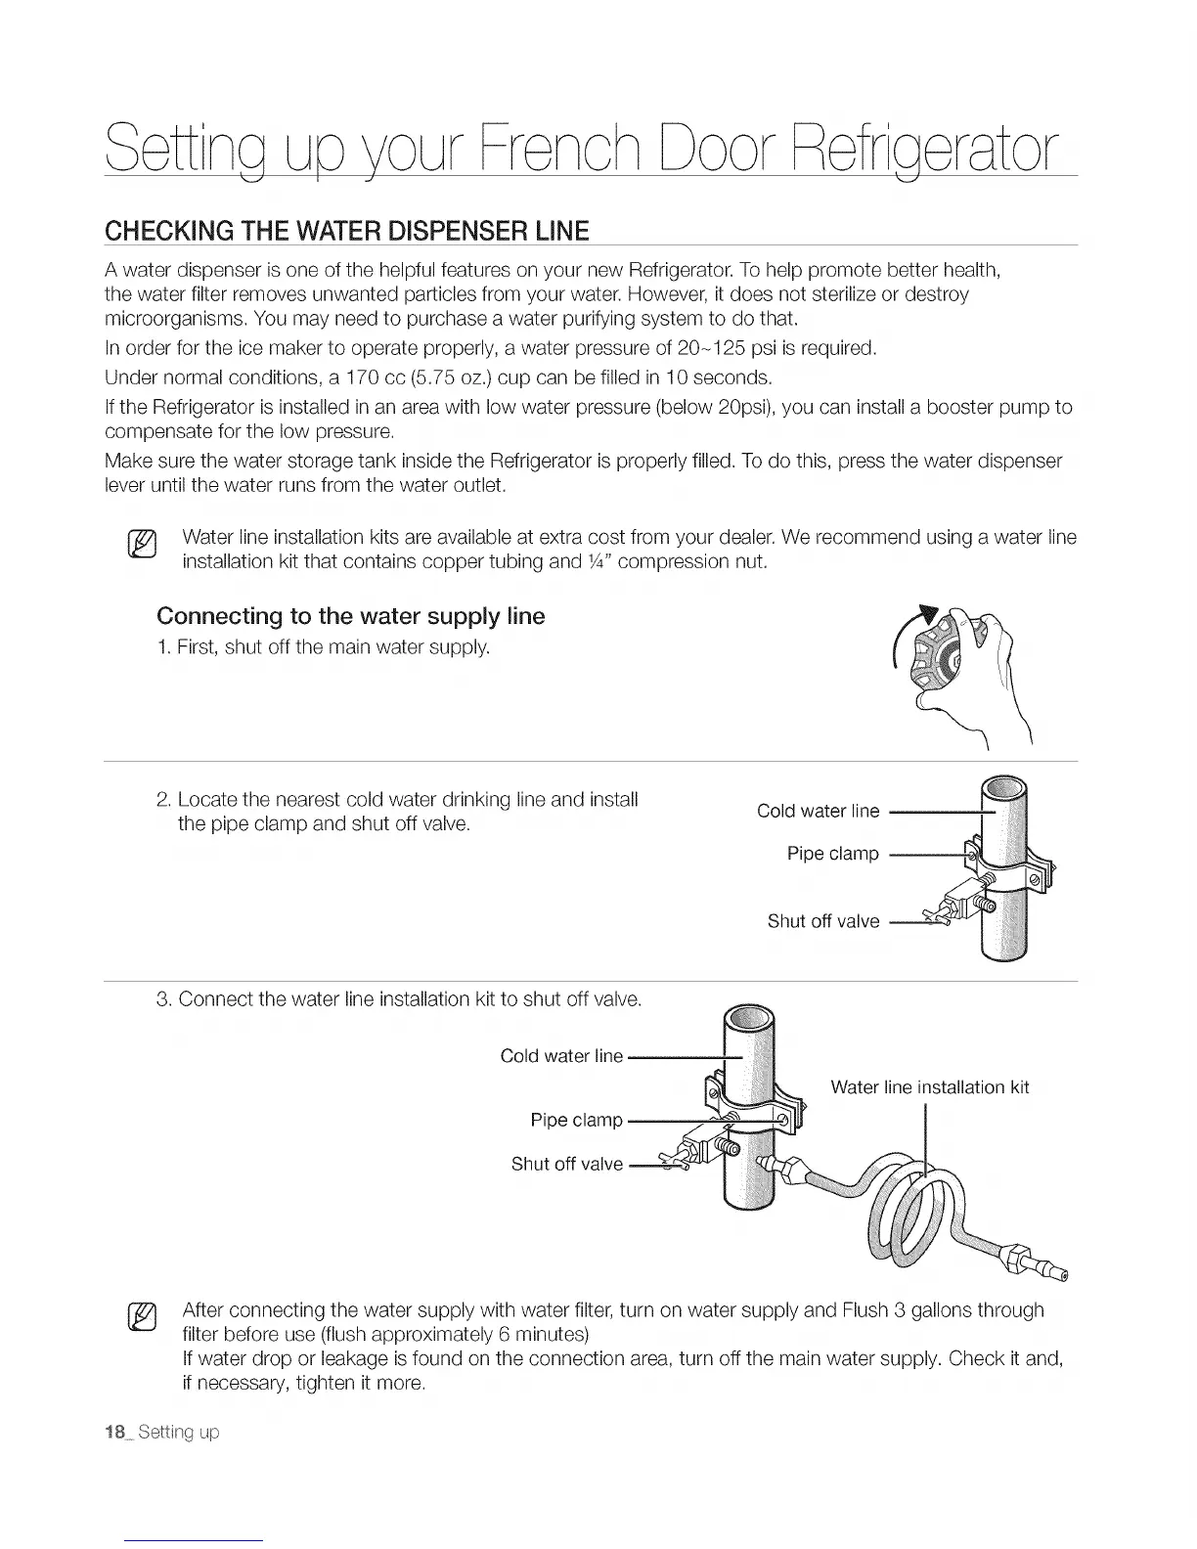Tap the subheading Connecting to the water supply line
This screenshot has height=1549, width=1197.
pyautogui.click(x=350, y=616)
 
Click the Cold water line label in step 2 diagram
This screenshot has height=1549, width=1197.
pyautogui.click(x=818, y=811)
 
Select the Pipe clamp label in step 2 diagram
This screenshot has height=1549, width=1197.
pyautogui.click(x=832, y=854)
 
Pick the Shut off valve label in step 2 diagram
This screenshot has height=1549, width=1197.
pyautogui.click(x=822, y=921)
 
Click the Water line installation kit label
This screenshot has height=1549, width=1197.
pyautogui.click(x=929, y=1087)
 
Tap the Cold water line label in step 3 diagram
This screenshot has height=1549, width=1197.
pyautogui.click(x=560, y=1056)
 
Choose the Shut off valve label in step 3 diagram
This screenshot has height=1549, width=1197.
pyautogui.click(x=566, y=1164)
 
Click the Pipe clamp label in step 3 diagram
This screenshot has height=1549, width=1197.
pyautogui.click(x=576, y=1120)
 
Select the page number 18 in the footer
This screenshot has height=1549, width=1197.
pyautogui.click(x=115, y=1433)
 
